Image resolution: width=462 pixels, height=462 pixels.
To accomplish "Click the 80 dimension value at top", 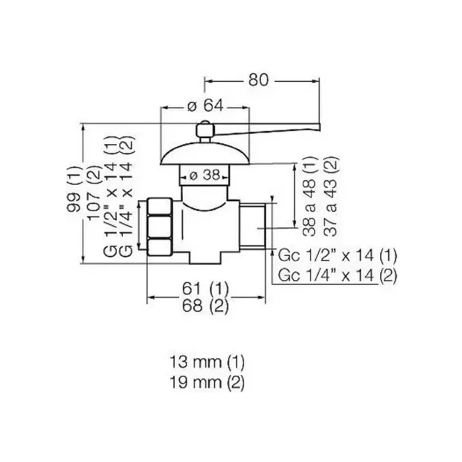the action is (258, 80).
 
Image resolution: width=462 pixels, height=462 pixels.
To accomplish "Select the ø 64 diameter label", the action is (205, 106).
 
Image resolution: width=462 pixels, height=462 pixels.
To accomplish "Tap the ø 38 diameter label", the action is (205, 176).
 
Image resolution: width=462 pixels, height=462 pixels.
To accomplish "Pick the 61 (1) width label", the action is (205, 288).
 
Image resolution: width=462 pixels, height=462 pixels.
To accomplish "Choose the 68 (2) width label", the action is (205, 306).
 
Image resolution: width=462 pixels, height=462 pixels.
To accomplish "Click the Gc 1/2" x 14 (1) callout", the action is (338, 256).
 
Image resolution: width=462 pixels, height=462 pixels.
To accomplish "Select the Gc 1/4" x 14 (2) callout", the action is (338, 275).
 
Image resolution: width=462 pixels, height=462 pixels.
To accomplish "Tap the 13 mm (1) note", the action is (207, 362).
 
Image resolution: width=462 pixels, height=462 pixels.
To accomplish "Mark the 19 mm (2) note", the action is (207, 383).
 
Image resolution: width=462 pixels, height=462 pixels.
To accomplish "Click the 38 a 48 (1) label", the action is (310, 196).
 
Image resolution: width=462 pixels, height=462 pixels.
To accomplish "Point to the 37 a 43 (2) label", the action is (331, 196).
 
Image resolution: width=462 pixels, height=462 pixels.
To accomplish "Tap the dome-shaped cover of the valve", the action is (205, 154).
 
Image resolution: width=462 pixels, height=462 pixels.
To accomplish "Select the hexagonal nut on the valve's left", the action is (160, 227).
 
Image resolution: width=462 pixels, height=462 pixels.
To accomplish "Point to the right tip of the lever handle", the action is (320, 127).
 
